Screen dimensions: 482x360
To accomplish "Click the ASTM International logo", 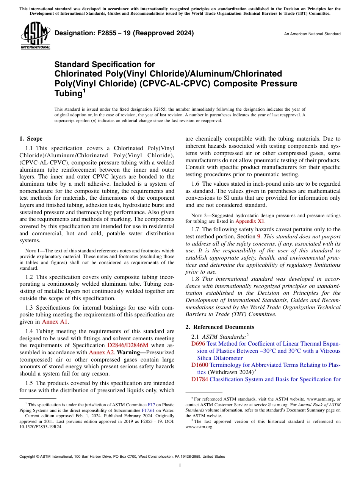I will (x=35, y=35).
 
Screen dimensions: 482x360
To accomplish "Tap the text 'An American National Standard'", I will (x=312, y=34).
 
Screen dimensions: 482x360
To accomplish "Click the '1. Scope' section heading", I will (x=31, y=139).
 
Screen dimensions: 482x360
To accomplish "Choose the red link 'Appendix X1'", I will (x=250, y=221).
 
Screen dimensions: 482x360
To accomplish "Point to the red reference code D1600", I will (x=200, y=365).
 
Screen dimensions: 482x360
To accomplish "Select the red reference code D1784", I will (x=200, y=379).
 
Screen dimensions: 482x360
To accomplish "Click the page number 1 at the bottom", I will (x=180, y=466).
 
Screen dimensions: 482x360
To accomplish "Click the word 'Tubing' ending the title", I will (x=68, y=93).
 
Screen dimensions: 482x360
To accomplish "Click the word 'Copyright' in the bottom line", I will (x=29, y=457).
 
